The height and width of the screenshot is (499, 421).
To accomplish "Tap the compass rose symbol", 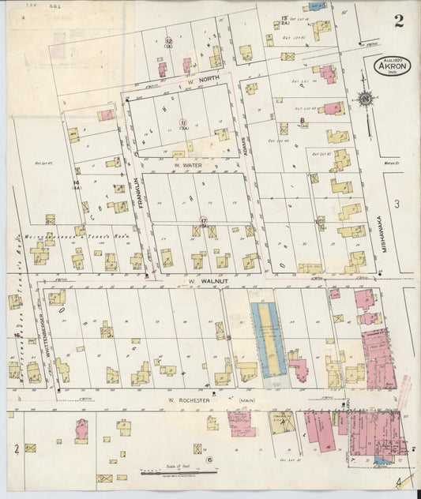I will (x=365, y=99).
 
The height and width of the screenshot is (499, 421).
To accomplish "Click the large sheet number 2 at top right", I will (x=399, y=21).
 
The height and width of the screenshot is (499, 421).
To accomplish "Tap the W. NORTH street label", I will (x=179, y=80).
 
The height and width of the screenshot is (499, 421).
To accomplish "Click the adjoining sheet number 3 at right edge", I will (x=399, y=205).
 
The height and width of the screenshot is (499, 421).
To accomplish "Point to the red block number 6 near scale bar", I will (x=209, y=460).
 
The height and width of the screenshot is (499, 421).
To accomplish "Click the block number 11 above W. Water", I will (x=182, y=124).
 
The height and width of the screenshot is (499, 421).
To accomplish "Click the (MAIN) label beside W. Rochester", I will (x=244, y=402).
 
